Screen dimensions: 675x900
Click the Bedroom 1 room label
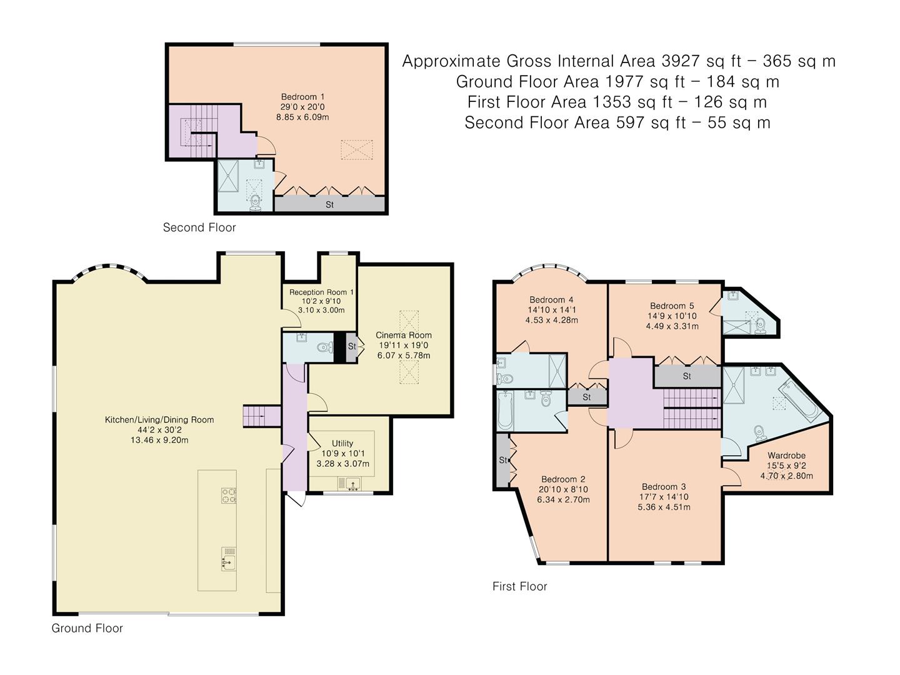tap(302, 97)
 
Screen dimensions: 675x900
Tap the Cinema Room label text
tap(403, 335)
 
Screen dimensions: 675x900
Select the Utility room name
tap(342, 443)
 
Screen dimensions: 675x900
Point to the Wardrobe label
tap(786, 456)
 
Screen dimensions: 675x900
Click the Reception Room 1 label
tap(321, 292)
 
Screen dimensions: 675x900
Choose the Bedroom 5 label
tap(672, 306)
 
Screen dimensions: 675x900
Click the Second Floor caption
tap(199, 227)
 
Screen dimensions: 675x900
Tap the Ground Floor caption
tap(87, 628)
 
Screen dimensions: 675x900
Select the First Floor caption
tap(519, 586)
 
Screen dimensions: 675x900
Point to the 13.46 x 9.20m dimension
tap(159, 440)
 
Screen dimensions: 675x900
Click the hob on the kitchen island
tap(228, 495)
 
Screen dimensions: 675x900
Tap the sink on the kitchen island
tap(229, 562)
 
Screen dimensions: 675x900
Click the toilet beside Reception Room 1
tap(323, 348)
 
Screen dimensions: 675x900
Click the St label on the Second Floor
tap(329, 204)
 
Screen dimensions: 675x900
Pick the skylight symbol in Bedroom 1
tap(357, 150)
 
